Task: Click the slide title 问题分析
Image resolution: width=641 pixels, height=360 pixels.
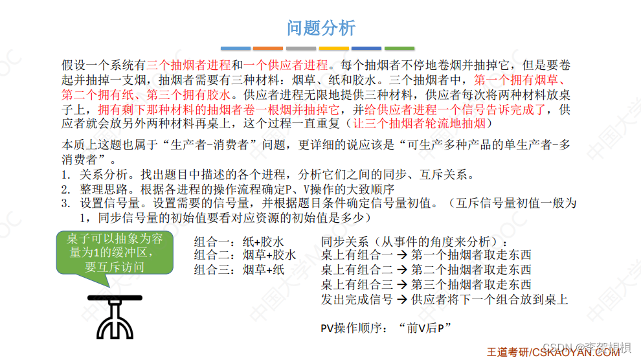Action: tap(321, 28)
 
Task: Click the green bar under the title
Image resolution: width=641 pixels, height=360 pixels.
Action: tap(399, 48)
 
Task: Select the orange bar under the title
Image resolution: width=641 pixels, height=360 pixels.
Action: tap(268, 48)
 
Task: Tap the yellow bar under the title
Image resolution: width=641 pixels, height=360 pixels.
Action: tap(334, 48)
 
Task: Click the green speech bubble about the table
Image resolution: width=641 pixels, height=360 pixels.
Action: tap(115, 253)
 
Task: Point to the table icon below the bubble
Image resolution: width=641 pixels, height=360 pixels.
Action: tap(115, 316)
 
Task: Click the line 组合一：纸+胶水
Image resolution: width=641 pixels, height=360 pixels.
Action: tap(239, 241)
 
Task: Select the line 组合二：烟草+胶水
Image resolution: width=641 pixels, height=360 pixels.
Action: tap(245, 255)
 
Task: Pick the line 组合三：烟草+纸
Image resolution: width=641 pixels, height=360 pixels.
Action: tap(239, 270)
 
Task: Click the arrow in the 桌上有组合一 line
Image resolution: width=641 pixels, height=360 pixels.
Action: tap(401, 255)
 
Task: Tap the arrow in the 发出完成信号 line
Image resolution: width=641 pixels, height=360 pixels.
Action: tap(401, 300)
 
